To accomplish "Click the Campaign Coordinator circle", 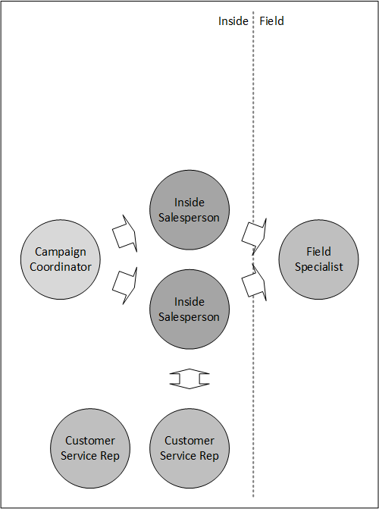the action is coord(61,259).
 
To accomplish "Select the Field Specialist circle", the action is coord(318,259).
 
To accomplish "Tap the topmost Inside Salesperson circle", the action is coord(189,209).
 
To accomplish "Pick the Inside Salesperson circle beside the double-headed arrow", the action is coord(189,309).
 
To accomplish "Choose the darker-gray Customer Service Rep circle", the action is coord(90,448).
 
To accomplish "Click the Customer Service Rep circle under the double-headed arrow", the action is coord(189,448).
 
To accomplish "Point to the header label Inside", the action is coord(233,21).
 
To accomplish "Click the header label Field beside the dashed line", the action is coord(271,21).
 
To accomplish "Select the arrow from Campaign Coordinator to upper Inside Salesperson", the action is coord(125,234).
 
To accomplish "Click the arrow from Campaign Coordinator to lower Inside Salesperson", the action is coord(125,285).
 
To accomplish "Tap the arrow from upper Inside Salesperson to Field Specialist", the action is coord(255,237).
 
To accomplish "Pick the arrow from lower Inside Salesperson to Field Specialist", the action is coord(255,282).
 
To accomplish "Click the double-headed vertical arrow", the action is coord(189,379).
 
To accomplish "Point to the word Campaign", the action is coord(61,253).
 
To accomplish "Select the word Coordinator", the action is coord(61,267).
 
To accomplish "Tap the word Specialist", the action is coord(318,267).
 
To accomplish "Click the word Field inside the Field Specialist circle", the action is coord(318,252).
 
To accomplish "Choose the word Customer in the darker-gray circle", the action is coord(90,441).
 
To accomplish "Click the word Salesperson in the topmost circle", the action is coord(189,218).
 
